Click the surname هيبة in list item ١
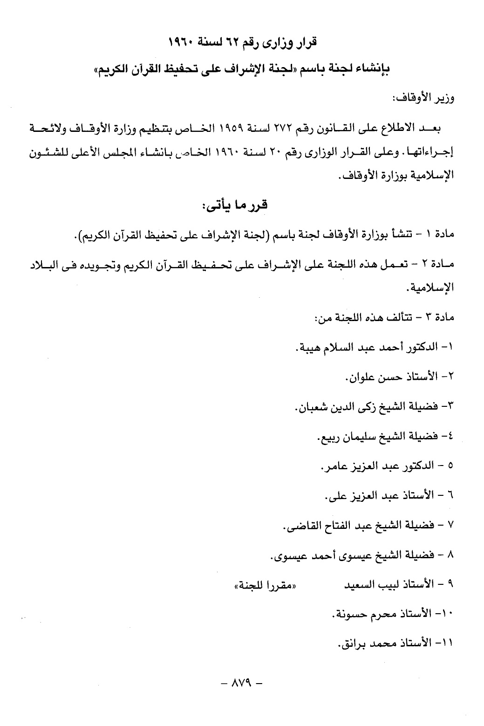307,348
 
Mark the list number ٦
450,495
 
